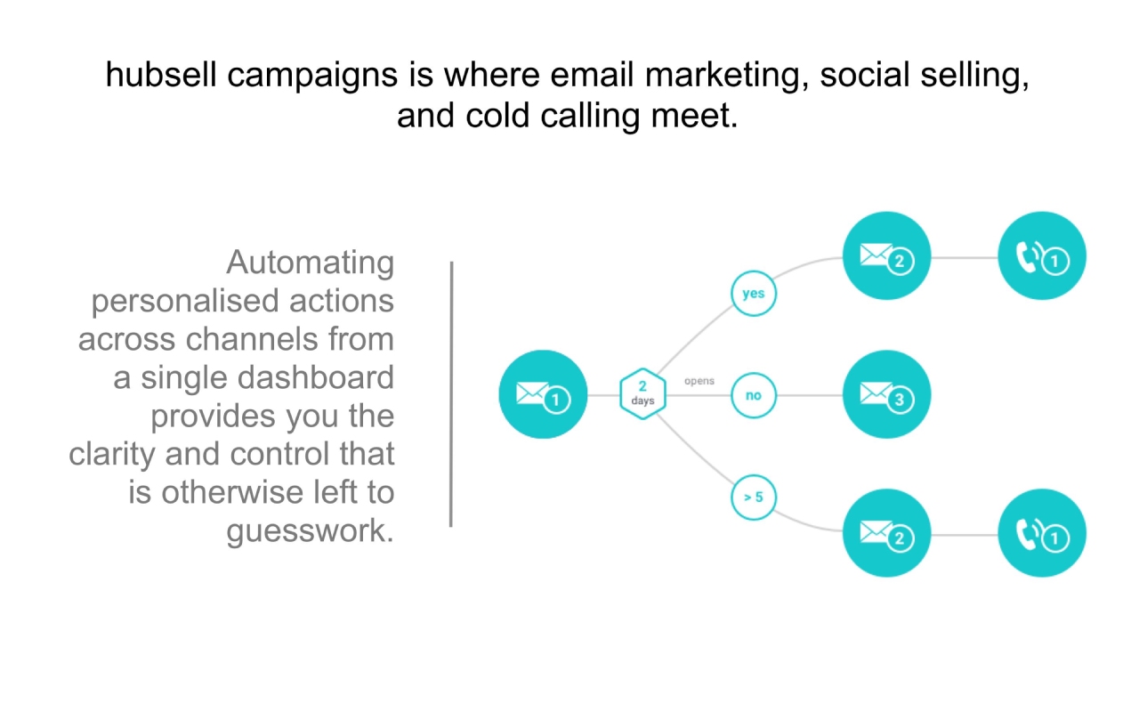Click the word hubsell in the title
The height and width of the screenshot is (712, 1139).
click(161, 75)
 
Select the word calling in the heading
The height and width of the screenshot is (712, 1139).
click(590, 117)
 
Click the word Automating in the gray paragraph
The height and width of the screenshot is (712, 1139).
click(311, 263)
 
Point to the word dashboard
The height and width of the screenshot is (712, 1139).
click(316, 377)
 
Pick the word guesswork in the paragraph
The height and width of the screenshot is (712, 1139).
click(311, 531)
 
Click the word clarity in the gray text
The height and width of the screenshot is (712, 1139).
click(112, 454)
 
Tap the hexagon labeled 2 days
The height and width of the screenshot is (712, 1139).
click(642, 393)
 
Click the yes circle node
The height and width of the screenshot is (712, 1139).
click(754, 294)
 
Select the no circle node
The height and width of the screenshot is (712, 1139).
click(754, 395)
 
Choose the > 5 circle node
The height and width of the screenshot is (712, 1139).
click(754, 497)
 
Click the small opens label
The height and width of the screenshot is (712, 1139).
click(699, 381)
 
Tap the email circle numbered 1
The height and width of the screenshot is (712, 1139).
click(543, 394)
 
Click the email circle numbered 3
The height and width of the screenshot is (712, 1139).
click(887, 394)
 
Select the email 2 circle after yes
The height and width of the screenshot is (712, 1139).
click(887, 255)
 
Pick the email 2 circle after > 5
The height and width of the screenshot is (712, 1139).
click(887, 533)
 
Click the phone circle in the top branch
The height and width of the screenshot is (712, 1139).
click(1042, 255)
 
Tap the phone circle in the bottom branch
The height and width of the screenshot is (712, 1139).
click(1042, 533)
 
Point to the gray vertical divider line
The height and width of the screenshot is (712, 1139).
click(451, 394)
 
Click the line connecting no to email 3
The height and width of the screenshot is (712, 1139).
click(810, 395)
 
